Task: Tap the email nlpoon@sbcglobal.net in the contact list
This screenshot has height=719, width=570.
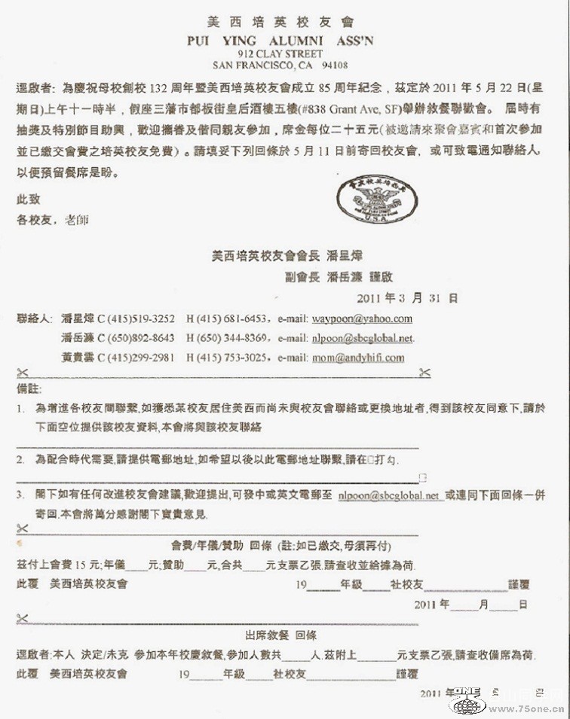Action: point(363,339)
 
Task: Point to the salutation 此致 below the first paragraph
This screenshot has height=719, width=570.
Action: point(28,200)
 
